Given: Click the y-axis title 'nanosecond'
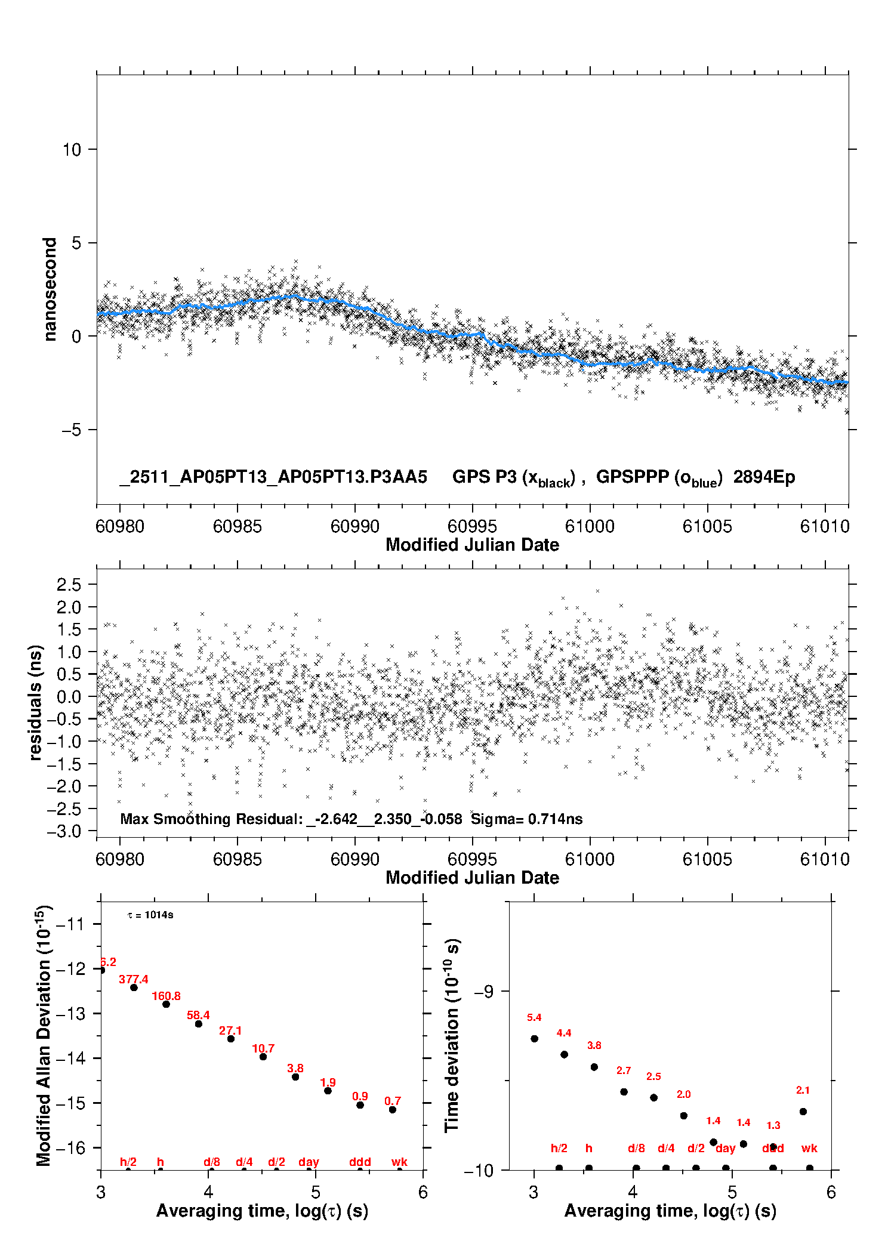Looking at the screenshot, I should tap(50, 289).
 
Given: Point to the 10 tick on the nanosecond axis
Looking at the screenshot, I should tap(72, 149).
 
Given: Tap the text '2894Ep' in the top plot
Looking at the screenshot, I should tap(764, 477).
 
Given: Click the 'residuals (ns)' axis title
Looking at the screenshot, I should tap(36, 702).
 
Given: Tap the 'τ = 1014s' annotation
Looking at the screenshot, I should tap(150, 915).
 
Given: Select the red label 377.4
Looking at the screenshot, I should tap(133, 980).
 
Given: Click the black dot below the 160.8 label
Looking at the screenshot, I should tap(166, 1005).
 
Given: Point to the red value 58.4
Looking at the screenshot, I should tap(198, 1016).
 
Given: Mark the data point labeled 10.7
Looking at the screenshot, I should tap(263, 1057).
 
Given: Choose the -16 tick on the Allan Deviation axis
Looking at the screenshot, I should tap(70, 1147).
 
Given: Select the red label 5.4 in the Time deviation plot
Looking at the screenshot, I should tap(534, 1018).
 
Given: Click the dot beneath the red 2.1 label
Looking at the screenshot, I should tap(803, 1112).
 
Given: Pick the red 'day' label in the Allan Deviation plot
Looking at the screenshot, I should tap(309, 1162).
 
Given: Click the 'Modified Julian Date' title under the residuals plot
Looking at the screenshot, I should tap(472, 878).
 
